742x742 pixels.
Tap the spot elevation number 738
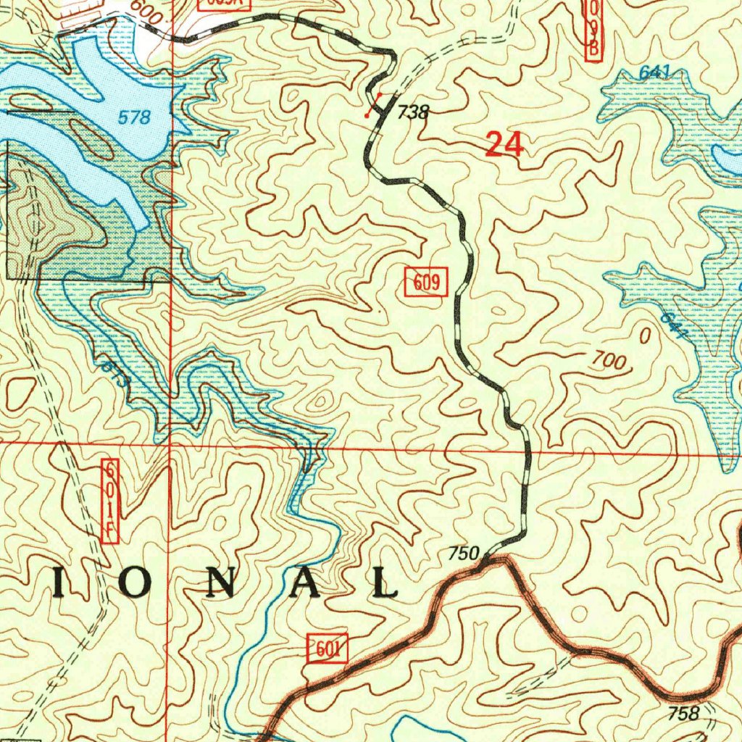pyautogui.click(x=414, y=112)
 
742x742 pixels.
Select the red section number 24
pyautogui.click(x=504, y=145)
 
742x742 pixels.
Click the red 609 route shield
pyautogui.click(x=427, y=282)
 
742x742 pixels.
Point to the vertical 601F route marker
pyautogui.click(x=111, y=501)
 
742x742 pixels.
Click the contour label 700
pyautogui.click(x=607, y=362)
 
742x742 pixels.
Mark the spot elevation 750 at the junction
pyautogui.click(x=464, y=554)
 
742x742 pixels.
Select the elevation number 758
pyautogui.click(x=683, y=714)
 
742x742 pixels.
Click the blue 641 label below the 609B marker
pyautogui.click(x=655, y=72)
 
